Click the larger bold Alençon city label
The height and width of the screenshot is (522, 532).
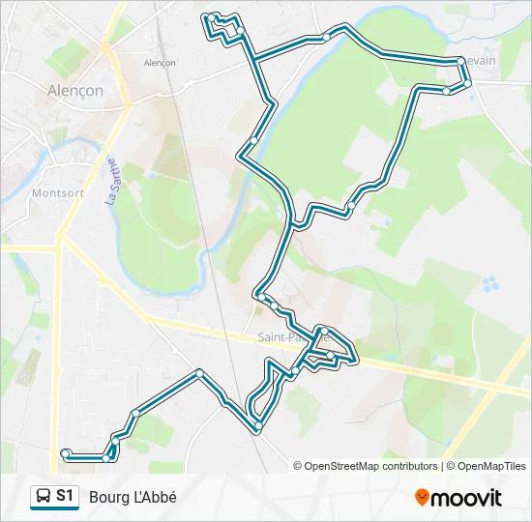pyautogui.click(x=75, y=91)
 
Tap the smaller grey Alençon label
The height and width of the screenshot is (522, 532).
pyautogui.click(x=160, y=63)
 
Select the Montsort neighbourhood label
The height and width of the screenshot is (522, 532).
pyautogui.click(x=60, y=192)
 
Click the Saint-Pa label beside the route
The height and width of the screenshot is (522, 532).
pyautogui.click(x=277, y=337)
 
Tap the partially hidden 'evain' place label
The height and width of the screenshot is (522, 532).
pyautogui.click(x=480, y=61)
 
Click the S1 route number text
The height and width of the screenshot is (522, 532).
pyautogui.click(x=65, y=496)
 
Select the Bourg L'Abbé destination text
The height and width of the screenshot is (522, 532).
pyautogui.click(x=133, y=497)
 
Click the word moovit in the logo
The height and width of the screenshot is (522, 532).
pyautogui.click(x=466, y=498)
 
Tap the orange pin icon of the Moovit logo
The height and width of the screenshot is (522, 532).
pyautogui.click(x=422, y=497)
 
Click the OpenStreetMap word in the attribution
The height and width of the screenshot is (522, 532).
pyautogui.click(x=343, y=466)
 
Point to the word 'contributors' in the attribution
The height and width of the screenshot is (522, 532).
pyautogui.click(x=410, y=466)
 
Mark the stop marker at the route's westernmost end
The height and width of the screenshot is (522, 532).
pyautogui.click(x=65, y=452)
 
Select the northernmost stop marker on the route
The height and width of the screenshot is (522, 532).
pyautogui.click(x=210, y=17)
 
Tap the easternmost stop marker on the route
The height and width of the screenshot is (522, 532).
pyautogui.click(x=467, y=84)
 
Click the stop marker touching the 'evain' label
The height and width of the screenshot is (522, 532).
pyautogui.click(x=460, y=61)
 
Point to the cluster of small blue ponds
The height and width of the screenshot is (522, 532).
pyautogui.click(x=491, y=284)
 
